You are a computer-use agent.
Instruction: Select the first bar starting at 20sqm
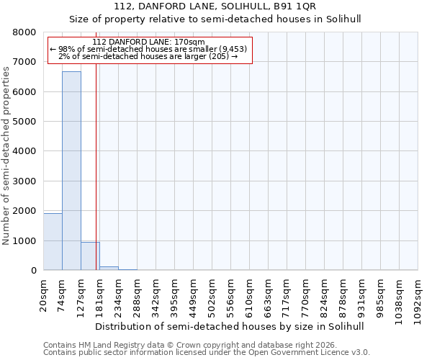[53, 241]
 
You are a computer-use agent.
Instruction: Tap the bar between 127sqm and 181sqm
[90, 256]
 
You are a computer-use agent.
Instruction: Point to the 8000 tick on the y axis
[24, 32]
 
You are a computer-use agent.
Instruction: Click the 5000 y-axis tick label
[24, 122]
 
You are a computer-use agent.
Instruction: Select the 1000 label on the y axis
[24, 240]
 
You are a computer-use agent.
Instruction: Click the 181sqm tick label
[100, 293]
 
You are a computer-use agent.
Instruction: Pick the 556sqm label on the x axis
[231, 293]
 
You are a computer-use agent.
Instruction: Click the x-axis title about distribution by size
[230, 326]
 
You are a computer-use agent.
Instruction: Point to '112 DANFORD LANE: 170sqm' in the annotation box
[149, 42]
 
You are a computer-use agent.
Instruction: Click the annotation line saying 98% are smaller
[149, 49]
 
